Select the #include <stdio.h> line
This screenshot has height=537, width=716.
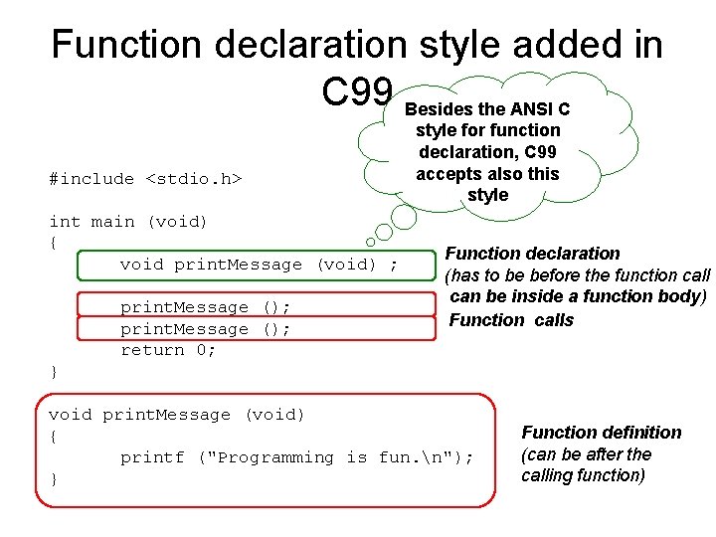point(146,179)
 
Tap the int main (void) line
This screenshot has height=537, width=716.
point(128,222)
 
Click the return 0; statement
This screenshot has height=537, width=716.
point(168,350)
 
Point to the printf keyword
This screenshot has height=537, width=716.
point(152,457)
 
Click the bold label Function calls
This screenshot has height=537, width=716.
point(511,320)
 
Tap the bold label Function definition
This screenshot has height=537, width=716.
point(602,433)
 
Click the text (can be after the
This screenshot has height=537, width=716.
point(587,454)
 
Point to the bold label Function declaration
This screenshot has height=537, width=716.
point(532,254)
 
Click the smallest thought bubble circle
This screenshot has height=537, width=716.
point(370,242)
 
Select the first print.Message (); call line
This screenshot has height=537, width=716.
point(206,307)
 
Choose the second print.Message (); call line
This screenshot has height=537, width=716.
point(206,329)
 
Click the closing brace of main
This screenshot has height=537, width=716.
point(54,372)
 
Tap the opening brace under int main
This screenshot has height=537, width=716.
point(54,243)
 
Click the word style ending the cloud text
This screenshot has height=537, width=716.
point(487,195)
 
